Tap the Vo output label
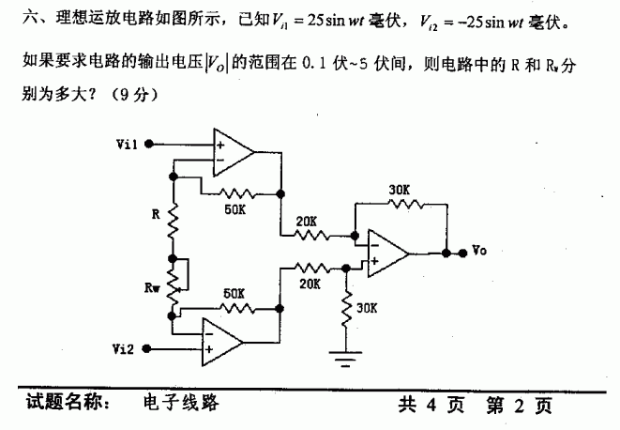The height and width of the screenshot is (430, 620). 479,251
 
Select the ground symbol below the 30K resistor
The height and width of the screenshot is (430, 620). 348,354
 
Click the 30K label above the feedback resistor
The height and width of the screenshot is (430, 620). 399,189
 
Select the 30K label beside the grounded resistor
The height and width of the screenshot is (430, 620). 368,307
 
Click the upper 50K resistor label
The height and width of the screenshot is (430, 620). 236,208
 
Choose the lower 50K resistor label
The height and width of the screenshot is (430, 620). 234,294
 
